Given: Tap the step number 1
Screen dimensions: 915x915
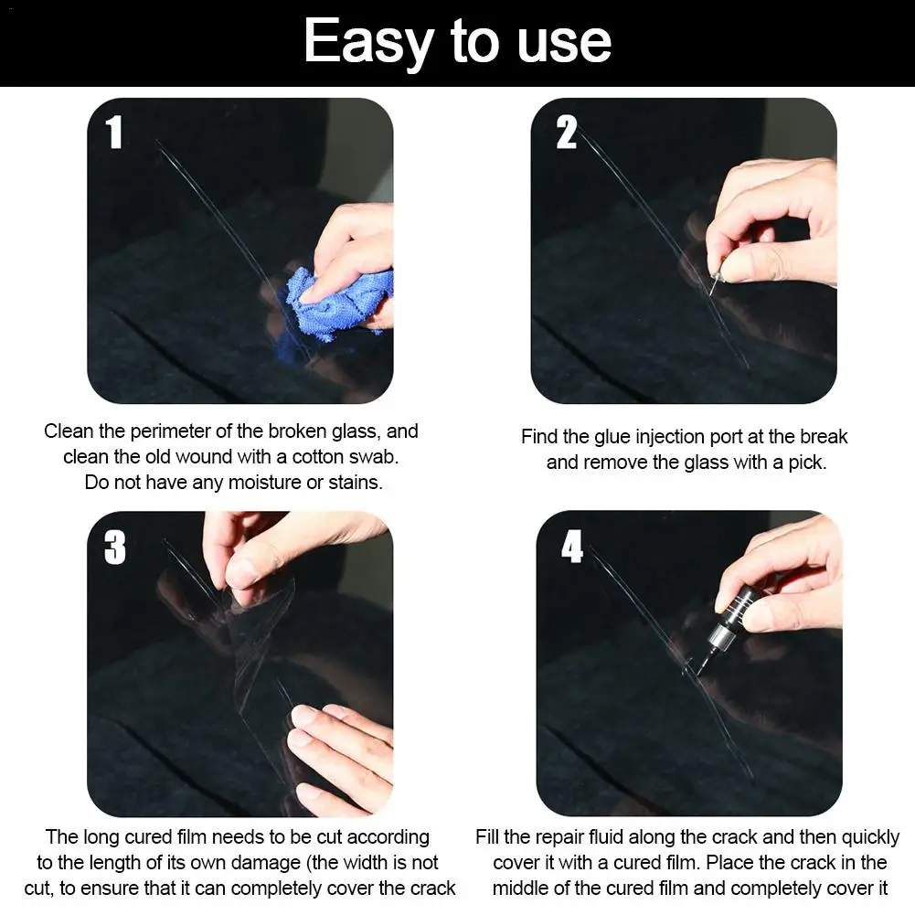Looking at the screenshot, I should pyautogui.click(x=114, y=133).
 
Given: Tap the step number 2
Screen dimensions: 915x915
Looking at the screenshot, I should pyautogui.click(x=567, y=133).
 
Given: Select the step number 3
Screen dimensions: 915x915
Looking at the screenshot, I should pyautogui.click(x=115, y=548).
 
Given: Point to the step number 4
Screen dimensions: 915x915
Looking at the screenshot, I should pyautogui.click(x=572, y=548).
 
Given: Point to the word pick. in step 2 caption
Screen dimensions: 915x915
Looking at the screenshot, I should pyautogui.click(x=805, y=463).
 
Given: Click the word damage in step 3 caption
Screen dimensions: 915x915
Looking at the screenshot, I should pyautogui.click(x=250, y=862).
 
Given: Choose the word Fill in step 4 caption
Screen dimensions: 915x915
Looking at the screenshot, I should pyautogui.click(x=489, y=836).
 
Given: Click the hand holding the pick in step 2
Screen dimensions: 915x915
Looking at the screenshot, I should pyautogui.click(x=777, y=219).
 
